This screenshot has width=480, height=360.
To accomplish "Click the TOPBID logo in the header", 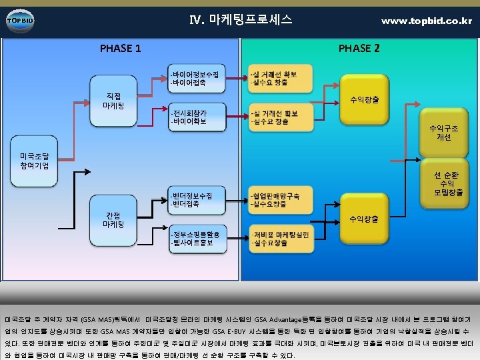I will click(19, 20).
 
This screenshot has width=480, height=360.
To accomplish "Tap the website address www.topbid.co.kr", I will click(426, 21).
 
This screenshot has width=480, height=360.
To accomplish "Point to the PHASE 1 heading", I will click(120, 48).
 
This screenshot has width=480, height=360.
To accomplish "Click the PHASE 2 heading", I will click(359, 48).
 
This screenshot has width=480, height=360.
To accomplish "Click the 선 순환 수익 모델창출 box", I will click(443, 184).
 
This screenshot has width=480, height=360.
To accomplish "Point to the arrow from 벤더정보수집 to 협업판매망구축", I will click(232, 200).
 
